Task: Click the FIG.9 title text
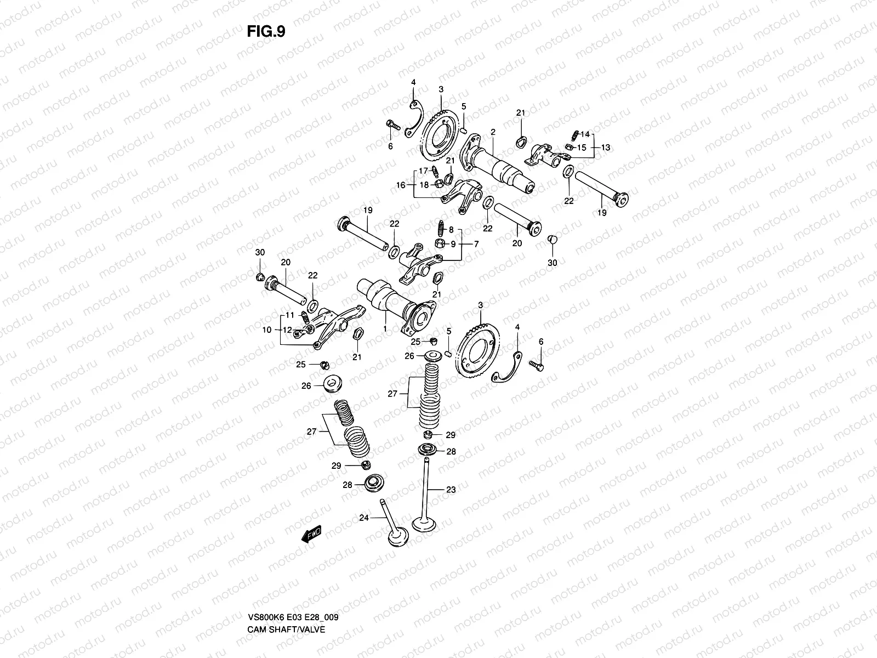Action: pyautogui.click(x=266, y=32)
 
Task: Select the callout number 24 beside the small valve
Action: pyautogui.click(x=363, y=517)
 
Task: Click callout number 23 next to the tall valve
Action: pyautogui.click(x=451, y=490)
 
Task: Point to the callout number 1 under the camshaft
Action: pyautogui.click(x=384, y=328)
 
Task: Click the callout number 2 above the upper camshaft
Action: pyautogui.click(x=493, y=132)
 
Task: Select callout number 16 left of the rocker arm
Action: pyautogui.click(x=401, y=185)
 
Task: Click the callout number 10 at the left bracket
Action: pyautogui.click(x=266, y=330)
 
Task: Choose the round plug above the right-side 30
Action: pyautogui.click(x=553, y=239)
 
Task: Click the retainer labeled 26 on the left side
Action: pyautogui.click(x=333, y=384)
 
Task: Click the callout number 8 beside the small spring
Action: pyautogui.click(x=451, y=230)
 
